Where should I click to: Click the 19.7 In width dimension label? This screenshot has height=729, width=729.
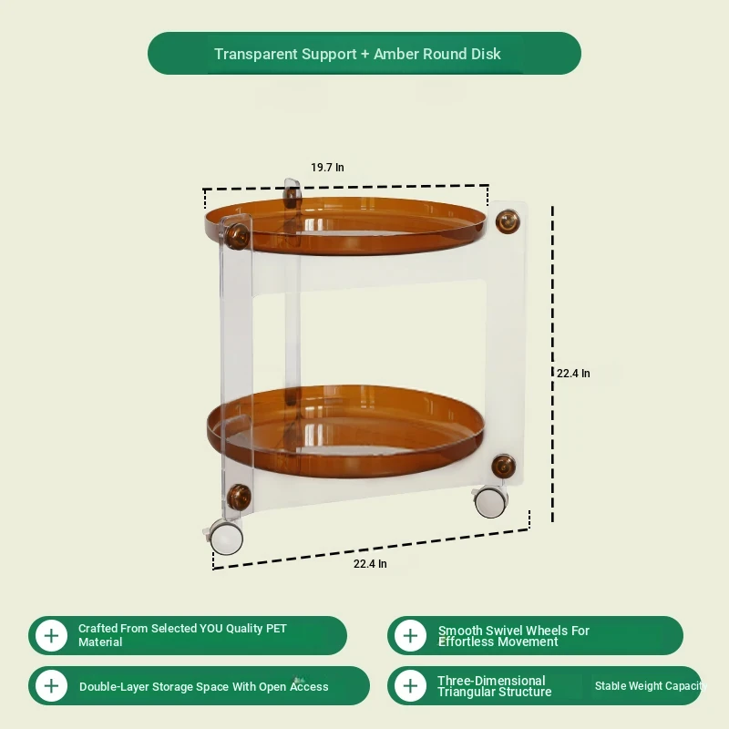click(x=327, y=168)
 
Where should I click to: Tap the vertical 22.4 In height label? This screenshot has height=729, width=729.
click(x=573, y=374)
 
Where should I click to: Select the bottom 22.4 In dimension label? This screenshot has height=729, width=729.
click(x=370, y=563)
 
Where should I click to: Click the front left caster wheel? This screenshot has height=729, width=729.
click(x=225, y=538)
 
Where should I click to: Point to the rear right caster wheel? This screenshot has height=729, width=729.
click(x=489, y=502)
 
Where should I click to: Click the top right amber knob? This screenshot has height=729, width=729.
click(x=508, y=221)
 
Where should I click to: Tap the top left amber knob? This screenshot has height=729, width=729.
click(x=237, y=236)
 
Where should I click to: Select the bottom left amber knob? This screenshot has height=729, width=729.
click(x=239, y=497)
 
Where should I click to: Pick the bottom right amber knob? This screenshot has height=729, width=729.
click(x=504, y=466)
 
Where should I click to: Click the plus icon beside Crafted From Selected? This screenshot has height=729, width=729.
click(x=52, y=635)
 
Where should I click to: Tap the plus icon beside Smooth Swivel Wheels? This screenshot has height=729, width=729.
click(x=411, y=635)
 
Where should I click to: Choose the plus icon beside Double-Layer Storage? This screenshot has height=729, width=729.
click(x=52, y=686)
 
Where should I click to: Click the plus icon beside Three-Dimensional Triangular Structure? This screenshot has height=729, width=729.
click(x=411, y=686)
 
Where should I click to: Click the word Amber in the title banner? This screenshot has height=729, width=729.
click(x=396, y=54)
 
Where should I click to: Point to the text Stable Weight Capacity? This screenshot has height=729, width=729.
click(x=651, y=686)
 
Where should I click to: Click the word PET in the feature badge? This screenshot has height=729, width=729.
click(x=276, y=629)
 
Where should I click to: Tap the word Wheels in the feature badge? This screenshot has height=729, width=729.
click(x=544, y=631)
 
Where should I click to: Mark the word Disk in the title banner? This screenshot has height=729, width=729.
click(x=486, y=54)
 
